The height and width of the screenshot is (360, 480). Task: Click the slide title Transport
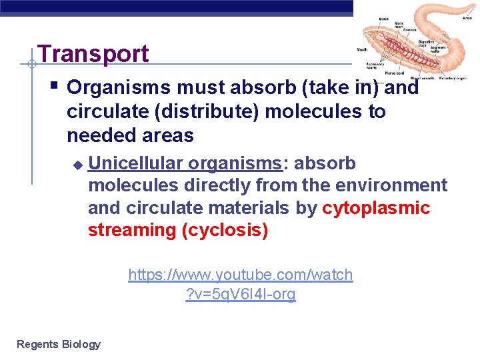[x=93, y=54]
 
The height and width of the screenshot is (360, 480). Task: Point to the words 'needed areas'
[x=130, y=135]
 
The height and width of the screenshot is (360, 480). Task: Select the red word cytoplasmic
[x=376, y=208]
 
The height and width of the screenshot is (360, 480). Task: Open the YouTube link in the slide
[x=240, y=284]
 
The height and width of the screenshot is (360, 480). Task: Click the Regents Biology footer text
[x=59, y=344]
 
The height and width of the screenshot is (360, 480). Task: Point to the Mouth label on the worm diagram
[x=362, y=49]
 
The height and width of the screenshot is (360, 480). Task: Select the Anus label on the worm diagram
[x=467, y=6]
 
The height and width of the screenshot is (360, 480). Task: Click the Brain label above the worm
[x=384, y=19]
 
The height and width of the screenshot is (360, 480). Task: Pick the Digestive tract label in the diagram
[x=426, y=45]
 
